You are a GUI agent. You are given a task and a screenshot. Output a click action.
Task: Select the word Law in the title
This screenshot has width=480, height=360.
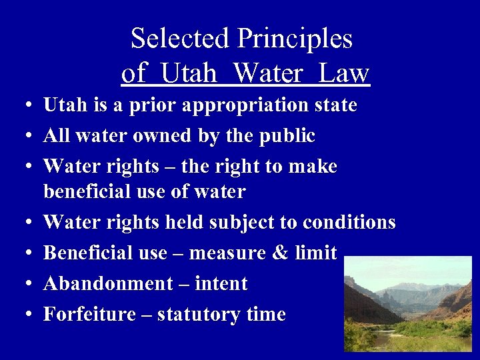[x=343, y=73]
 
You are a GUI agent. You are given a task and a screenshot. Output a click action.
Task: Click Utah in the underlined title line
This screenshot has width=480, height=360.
[x=189, y=73]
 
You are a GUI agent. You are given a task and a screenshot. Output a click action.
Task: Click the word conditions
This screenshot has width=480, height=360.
[x=349, y=222]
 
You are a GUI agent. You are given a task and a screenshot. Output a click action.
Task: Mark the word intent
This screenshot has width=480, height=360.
[x=221, y=284]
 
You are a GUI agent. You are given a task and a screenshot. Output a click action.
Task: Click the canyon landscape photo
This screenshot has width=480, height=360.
[x=407, y=303]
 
